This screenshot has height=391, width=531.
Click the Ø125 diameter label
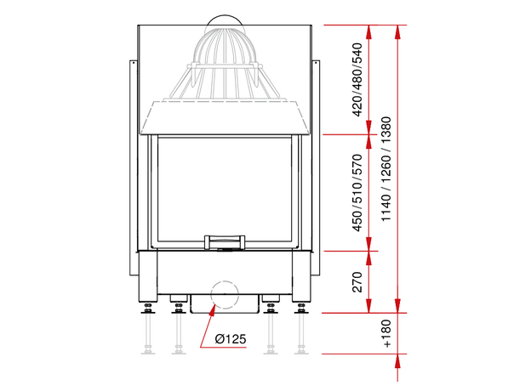coord(231,338)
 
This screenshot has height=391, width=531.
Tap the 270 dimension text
coord(357,281)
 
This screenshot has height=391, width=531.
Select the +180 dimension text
coord(386,333)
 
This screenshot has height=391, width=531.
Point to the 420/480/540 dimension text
coord(357,80)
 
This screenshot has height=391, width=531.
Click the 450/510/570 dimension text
coord(357,193)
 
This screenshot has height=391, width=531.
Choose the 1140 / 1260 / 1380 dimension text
coord(386,169)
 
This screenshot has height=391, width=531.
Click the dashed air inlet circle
coord(225,294)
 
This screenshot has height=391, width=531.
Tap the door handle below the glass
coord(225,242)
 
